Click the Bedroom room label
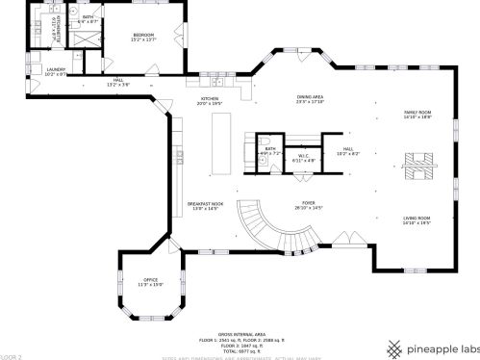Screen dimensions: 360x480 (143, 38)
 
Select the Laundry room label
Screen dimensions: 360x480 (55, 70)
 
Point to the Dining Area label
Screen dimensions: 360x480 (309, 99)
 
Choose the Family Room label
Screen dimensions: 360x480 (417, 114)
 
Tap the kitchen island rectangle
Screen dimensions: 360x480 (222, 142)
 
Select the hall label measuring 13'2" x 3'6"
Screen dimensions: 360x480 (119, 82)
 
